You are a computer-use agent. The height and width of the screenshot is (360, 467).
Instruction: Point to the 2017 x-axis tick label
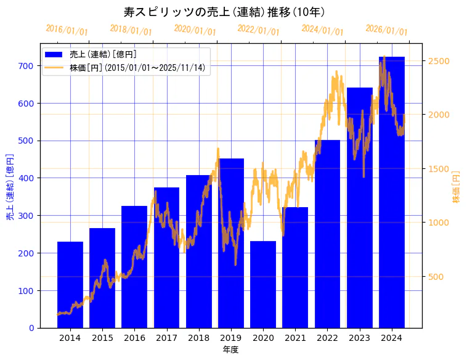(x=166, y=338)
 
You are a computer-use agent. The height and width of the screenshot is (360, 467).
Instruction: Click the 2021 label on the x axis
(x=295, y=338)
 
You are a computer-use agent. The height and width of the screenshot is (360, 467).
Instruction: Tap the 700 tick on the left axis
(x=26, y=65)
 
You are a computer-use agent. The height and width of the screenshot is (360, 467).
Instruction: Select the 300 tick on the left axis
(x=26, y=215)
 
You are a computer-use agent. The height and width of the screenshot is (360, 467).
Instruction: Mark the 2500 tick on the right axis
(x=439, y=61)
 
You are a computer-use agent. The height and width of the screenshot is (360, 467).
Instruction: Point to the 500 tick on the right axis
(x=436, y=277)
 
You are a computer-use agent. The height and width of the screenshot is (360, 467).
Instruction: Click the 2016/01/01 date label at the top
(x=67, y=30)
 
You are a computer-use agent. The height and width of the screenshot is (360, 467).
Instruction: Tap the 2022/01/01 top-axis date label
(x=259, y=30)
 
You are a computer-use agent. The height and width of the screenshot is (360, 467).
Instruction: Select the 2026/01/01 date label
(x=387, y=30)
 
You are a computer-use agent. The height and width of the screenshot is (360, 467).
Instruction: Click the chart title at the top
(x=224, y=12)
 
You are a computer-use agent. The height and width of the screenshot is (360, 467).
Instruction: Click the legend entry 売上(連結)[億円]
(x=103, y=55)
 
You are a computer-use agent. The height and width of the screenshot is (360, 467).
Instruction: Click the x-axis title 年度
(x=230, y=350)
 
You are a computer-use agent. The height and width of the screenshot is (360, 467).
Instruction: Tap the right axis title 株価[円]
(x=457, y=187)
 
